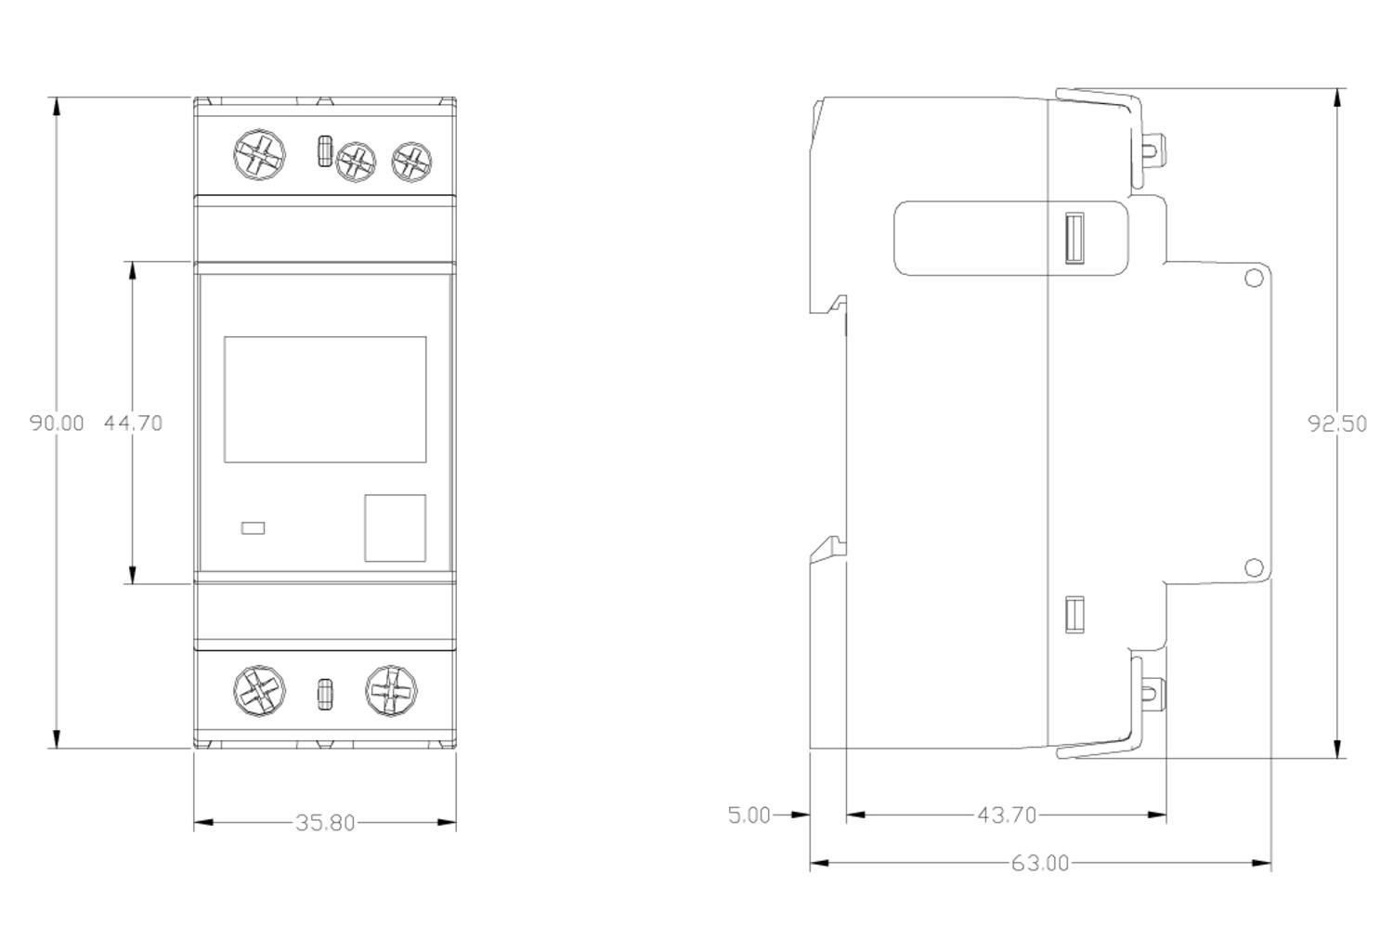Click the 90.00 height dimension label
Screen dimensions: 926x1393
click(57, 424)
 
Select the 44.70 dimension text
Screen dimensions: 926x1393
click(133, 424)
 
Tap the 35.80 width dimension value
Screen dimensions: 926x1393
click(325, 823)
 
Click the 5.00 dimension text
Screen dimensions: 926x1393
click(749, 815)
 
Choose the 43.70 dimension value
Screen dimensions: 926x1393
click(1006, 815)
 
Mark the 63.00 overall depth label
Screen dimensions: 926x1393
click(1039, 864)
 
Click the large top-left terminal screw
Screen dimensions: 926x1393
click(259, 155)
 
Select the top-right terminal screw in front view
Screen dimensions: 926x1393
click(410, 162)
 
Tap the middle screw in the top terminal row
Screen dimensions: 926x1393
click(356, 163)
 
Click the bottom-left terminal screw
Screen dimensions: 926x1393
click(259, 691)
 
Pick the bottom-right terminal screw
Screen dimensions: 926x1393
click(391, 691)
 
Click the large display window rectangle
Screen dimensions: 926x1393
click(325, 399)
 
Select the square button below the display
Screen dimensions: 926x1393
click(395, 528)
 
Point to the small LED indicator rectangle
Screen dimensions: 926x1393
click(253, 528)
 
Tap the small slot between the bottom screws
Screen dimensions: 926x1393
click(325, 694)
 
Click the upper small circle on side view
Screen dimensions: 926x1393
click(1253, 278)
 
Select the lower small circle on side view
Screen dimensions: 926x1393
click(1253, 567)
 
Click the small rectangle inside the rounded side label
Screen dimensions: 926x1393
click(1074, 239)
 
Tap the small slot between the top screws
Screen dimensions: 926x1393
click(324, 151)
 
